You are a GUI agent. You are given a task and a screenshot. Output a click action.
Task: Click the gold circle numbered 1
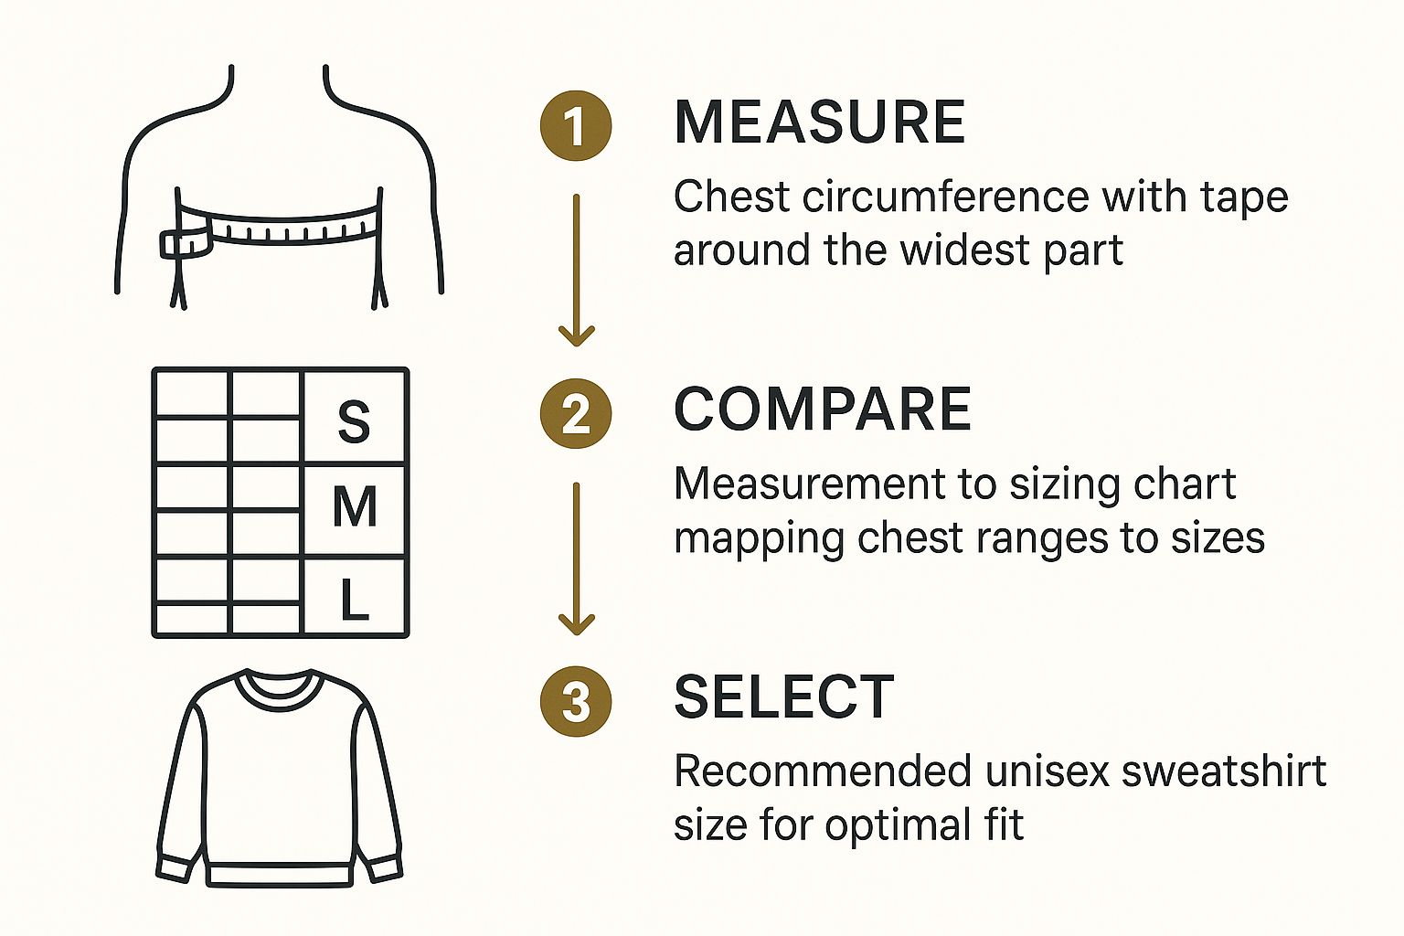pos(575,125)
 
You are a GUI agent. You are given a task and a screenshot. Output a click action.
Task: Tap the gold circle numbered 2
pos(575,414)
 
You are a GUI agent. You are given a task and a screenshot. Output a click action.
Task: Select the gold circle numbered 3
pos(575,702)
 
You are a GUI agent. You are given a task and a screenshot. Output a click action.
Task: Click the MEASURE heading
pos(820,122)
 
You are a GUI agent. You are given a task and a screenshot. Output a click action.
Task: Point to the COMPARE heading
pos(823,409)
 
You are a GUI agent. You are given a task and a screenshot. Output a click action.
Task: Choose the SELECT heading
pos(783,697)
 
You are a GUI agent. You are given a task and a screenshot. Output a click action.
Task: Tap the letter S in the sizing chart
pos(354,421)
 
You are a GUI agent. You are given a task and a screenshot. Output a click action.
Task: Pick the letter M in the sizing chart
pos(355,506)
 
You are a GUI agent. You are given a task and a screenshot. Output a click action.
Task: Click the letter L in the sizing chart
pos(354,601)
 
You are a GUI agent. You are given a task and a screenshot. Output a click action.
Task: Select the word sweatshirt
pos(1224,771)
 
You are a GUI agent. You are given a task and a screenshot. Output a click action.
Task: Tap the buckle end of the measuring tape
pos(184,243)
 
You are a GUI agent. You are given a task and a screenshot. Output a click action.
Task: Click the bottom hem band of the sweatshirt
pos(280,873)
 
